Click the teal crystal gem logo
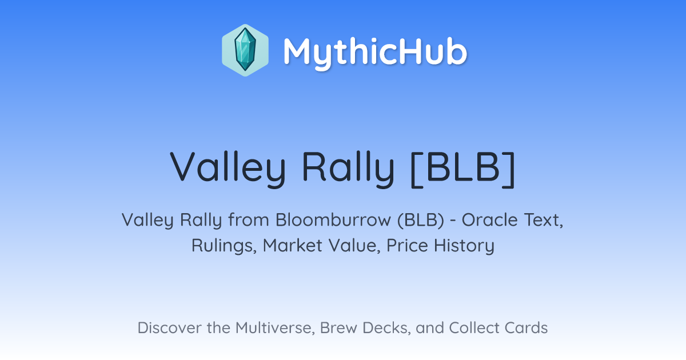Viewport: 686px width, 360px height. [245, 50]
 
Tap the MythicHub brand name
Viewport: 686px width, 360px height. [375, 52]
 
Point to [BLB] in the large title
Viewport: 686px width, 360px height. [463, 169]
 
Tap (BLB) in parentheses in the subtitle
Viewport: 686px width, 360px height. [421, 220]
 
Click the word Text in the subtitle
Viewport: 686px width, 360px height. [544, 220]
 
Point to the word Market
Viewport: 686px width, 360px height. [293, 245]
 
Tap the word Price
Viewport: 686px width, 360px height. [407, 245]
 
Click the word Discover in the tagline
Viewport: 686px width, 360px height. [170, 328]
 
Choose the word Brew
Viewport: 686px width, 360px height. [338, 328]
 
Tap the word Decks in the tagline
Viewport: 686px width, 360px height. [386, 328]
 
